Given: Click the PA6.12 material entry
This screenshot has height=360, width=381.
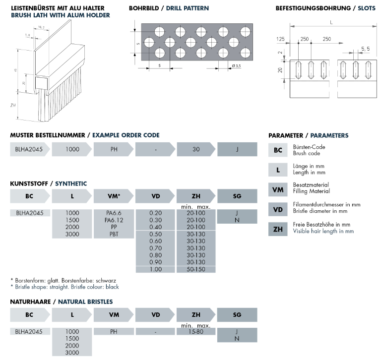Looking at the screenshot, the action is click(x=114, y=220).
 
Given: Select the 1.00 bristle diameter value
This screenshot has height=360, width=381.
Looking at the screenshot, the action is click(x=155, y=269).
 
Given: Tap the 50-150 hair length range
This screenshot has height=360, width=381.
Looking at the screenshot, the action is click(x=196, y=269).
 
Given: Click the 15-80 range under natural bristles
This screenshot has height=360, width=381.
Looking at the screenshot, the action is click(x=196, y=331).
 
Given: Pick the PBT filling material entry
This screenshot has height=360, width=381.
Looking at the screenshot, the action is click(x=114, y=234).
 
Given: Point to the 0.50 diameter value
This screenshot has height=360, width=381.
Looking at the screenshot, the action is click(x=155, y=234).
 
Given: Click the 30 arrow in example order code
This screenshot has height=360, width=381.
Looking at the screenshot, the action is click(x=196, y=149).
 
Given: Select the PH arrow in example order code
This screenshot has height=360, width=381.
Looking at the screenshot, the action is click(x=114, y=149).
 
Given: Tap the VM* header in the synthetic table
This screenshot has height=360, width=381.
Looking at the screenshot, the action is click(x=114, y=196).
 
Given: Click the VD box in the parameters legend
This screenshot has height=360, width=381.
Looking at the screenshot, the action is click(x=278, y=209).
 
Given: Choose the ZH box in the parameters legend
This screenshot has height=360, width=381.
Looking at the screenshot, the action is click(x=278, y=229).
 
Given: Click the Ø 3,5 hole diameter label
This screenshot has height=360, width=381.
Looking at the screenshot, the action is click(x=236, y=66).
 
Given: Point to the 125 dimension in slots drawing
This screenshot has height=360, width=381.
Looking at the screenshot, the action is click(x=280, y=39).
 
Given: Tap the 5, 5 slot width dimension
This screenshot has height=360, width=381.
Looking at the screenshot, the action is click(x=365, y=49).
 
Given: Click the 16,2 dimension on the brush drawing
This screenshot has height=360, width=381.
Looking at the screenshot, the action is click(x=41, y=27).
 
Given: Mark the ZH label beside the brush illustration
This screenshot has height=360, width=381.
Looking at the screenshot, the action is click(x=13, y=105).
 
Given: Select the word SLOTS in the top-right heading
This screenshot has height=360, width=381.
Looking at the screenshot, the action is click(x=367, y=8).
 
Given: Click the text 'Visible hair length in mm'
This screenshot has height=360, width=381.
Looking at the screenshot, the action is click(x=323, y=231).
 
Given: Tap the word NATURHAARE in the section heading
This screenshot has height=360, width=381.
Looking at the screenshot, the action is click(x=30, y=301).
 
